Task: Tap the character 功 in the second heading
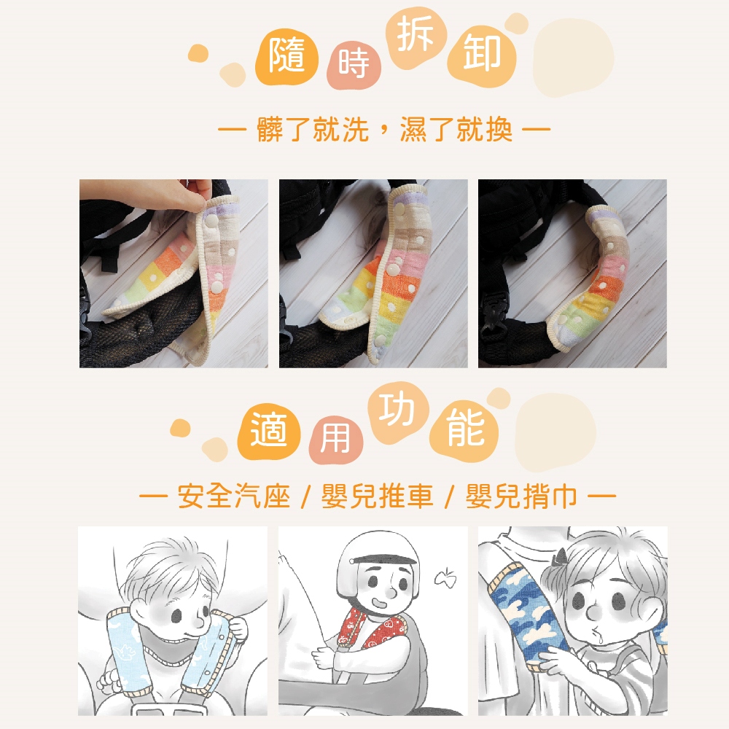tap(397, 410)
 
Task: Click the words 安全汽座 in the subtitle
tap(234, 496)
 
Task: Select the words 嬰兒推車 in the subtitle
tap(377, 496)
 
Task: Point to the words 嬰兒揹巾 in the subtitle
tap(521, 496)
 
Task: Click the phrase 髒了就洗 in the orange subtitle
tap(313, 129)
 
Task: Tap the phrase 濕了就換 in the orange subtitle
tap(456, 129)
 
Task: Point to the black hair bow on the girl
tap(560, 556)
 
